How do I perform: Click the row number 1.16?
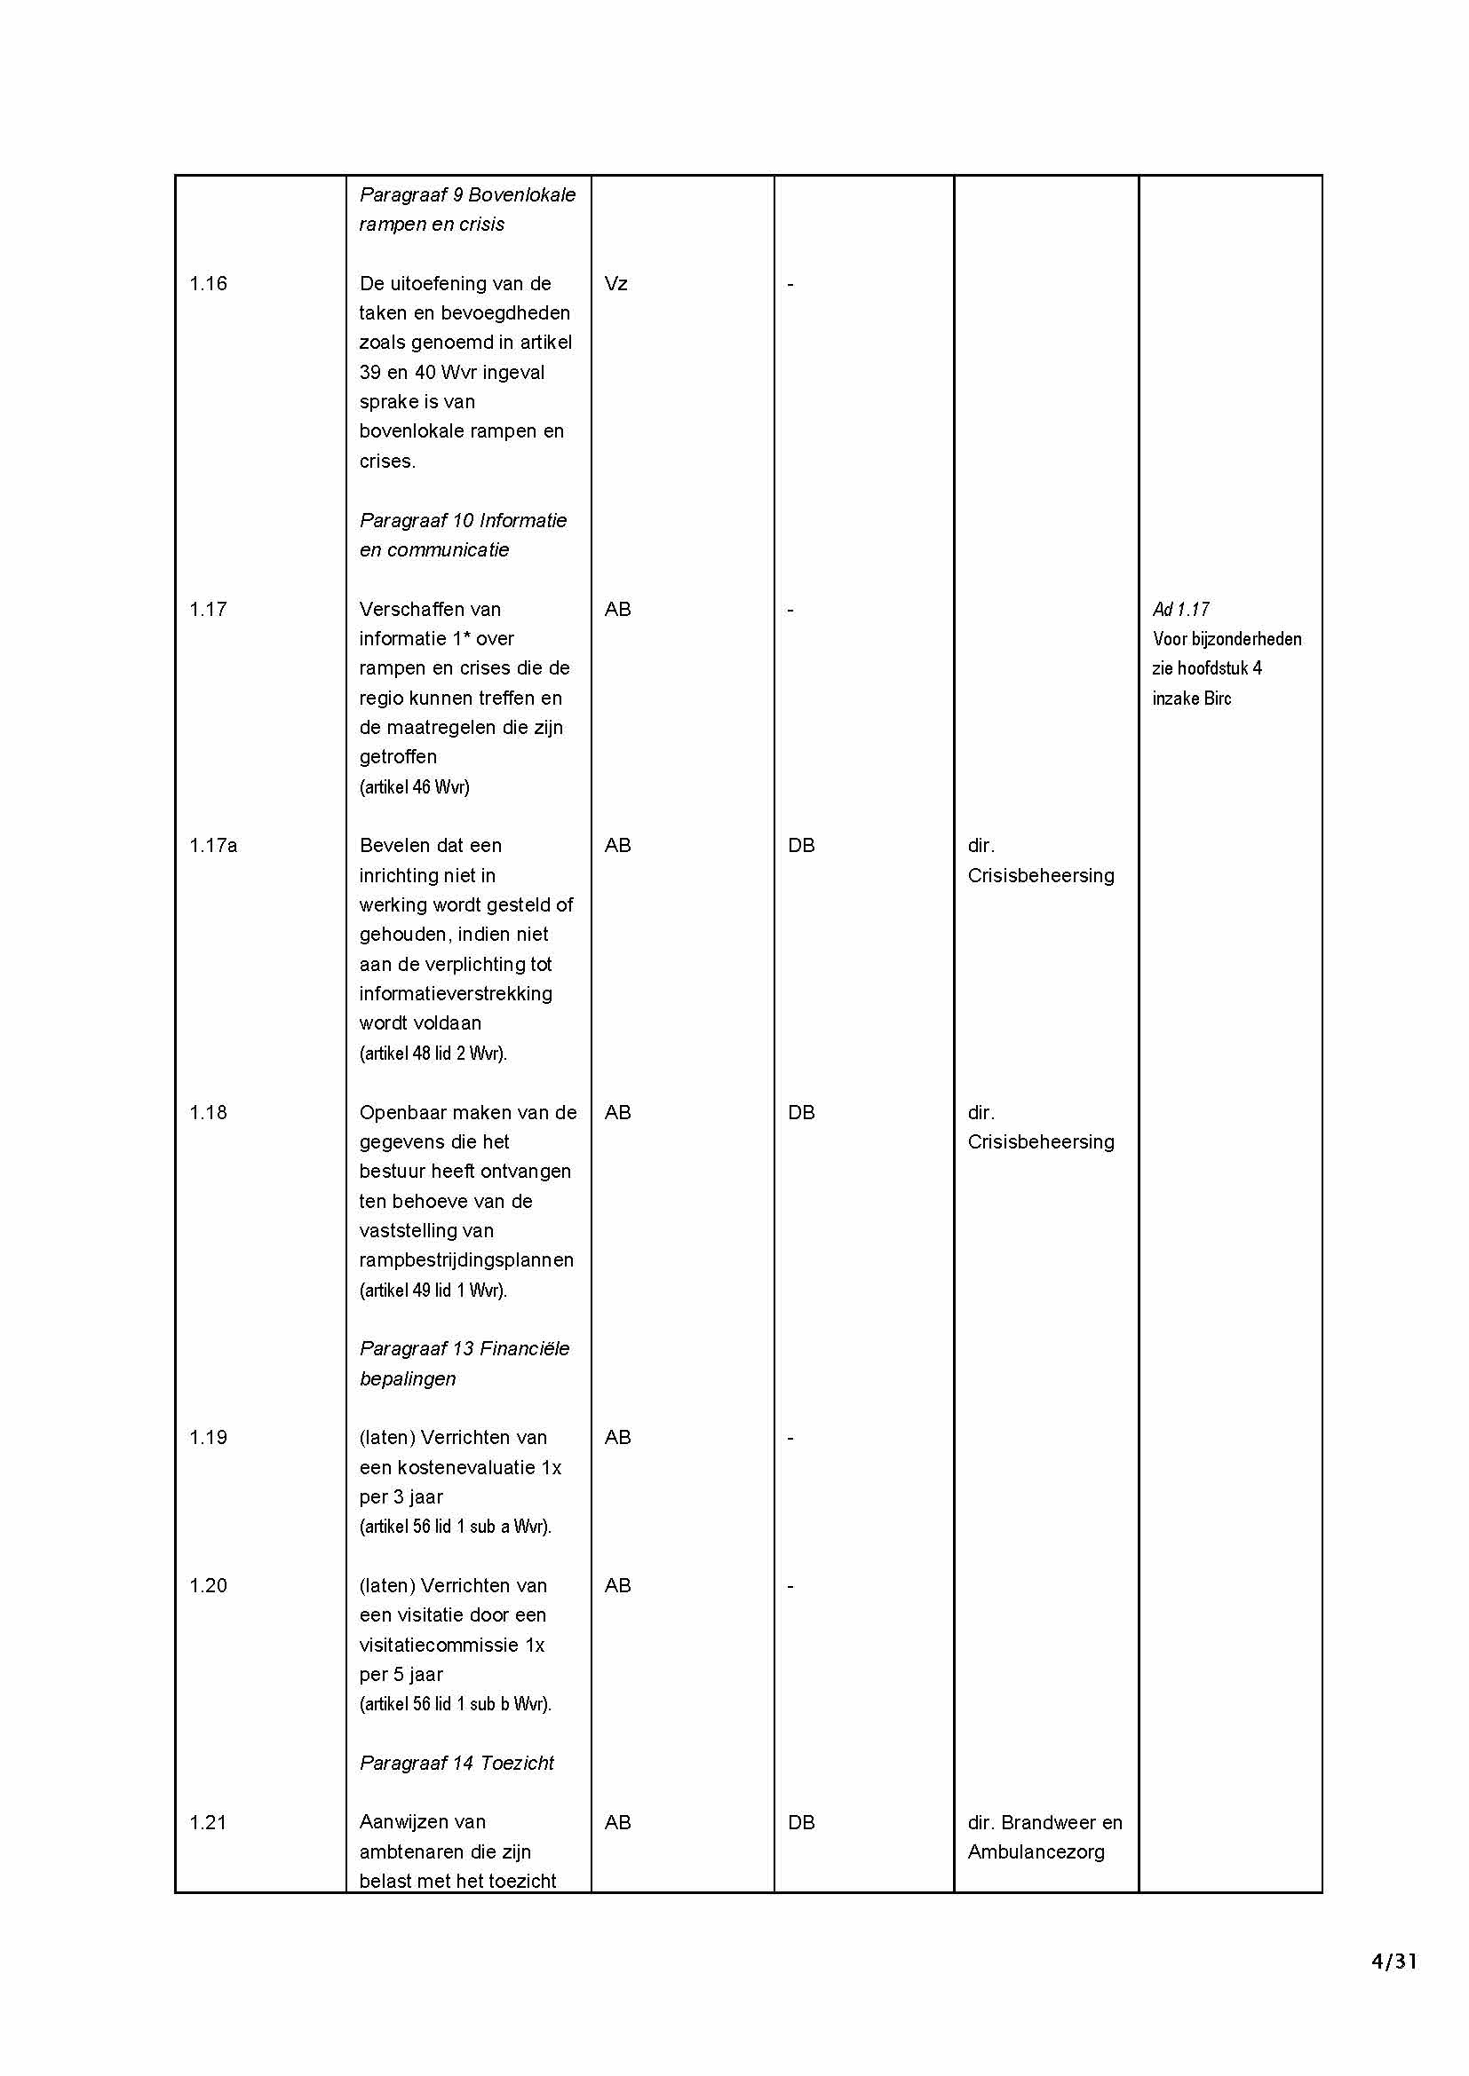208,284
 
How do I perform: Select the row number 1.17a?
213,846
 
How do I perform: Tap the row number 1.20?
208,1586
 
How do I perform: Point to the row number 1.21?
208,1823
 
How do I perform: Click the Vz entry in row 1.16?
616,284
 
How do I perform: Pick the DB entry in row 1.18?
801,1112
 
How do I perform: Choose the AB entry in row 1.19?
618,1438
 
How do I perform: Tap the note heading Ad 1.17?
1180,610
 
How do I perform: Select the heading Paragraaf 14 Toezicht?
457,1764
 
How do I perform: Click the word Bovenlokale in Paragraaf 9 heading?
522,194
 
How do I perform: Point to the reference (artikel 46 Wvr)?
414,786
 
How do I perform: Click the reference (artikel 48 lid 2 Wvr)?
433,1054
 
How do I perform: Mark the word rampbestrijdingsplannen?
467,1260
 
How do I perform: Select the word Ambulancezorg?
1036,1851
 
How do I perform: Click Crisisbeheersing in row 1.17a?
1041,875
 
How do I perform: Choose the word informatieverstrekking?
456,994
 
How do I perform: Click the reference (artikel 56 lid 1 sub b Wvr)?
455,1704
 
